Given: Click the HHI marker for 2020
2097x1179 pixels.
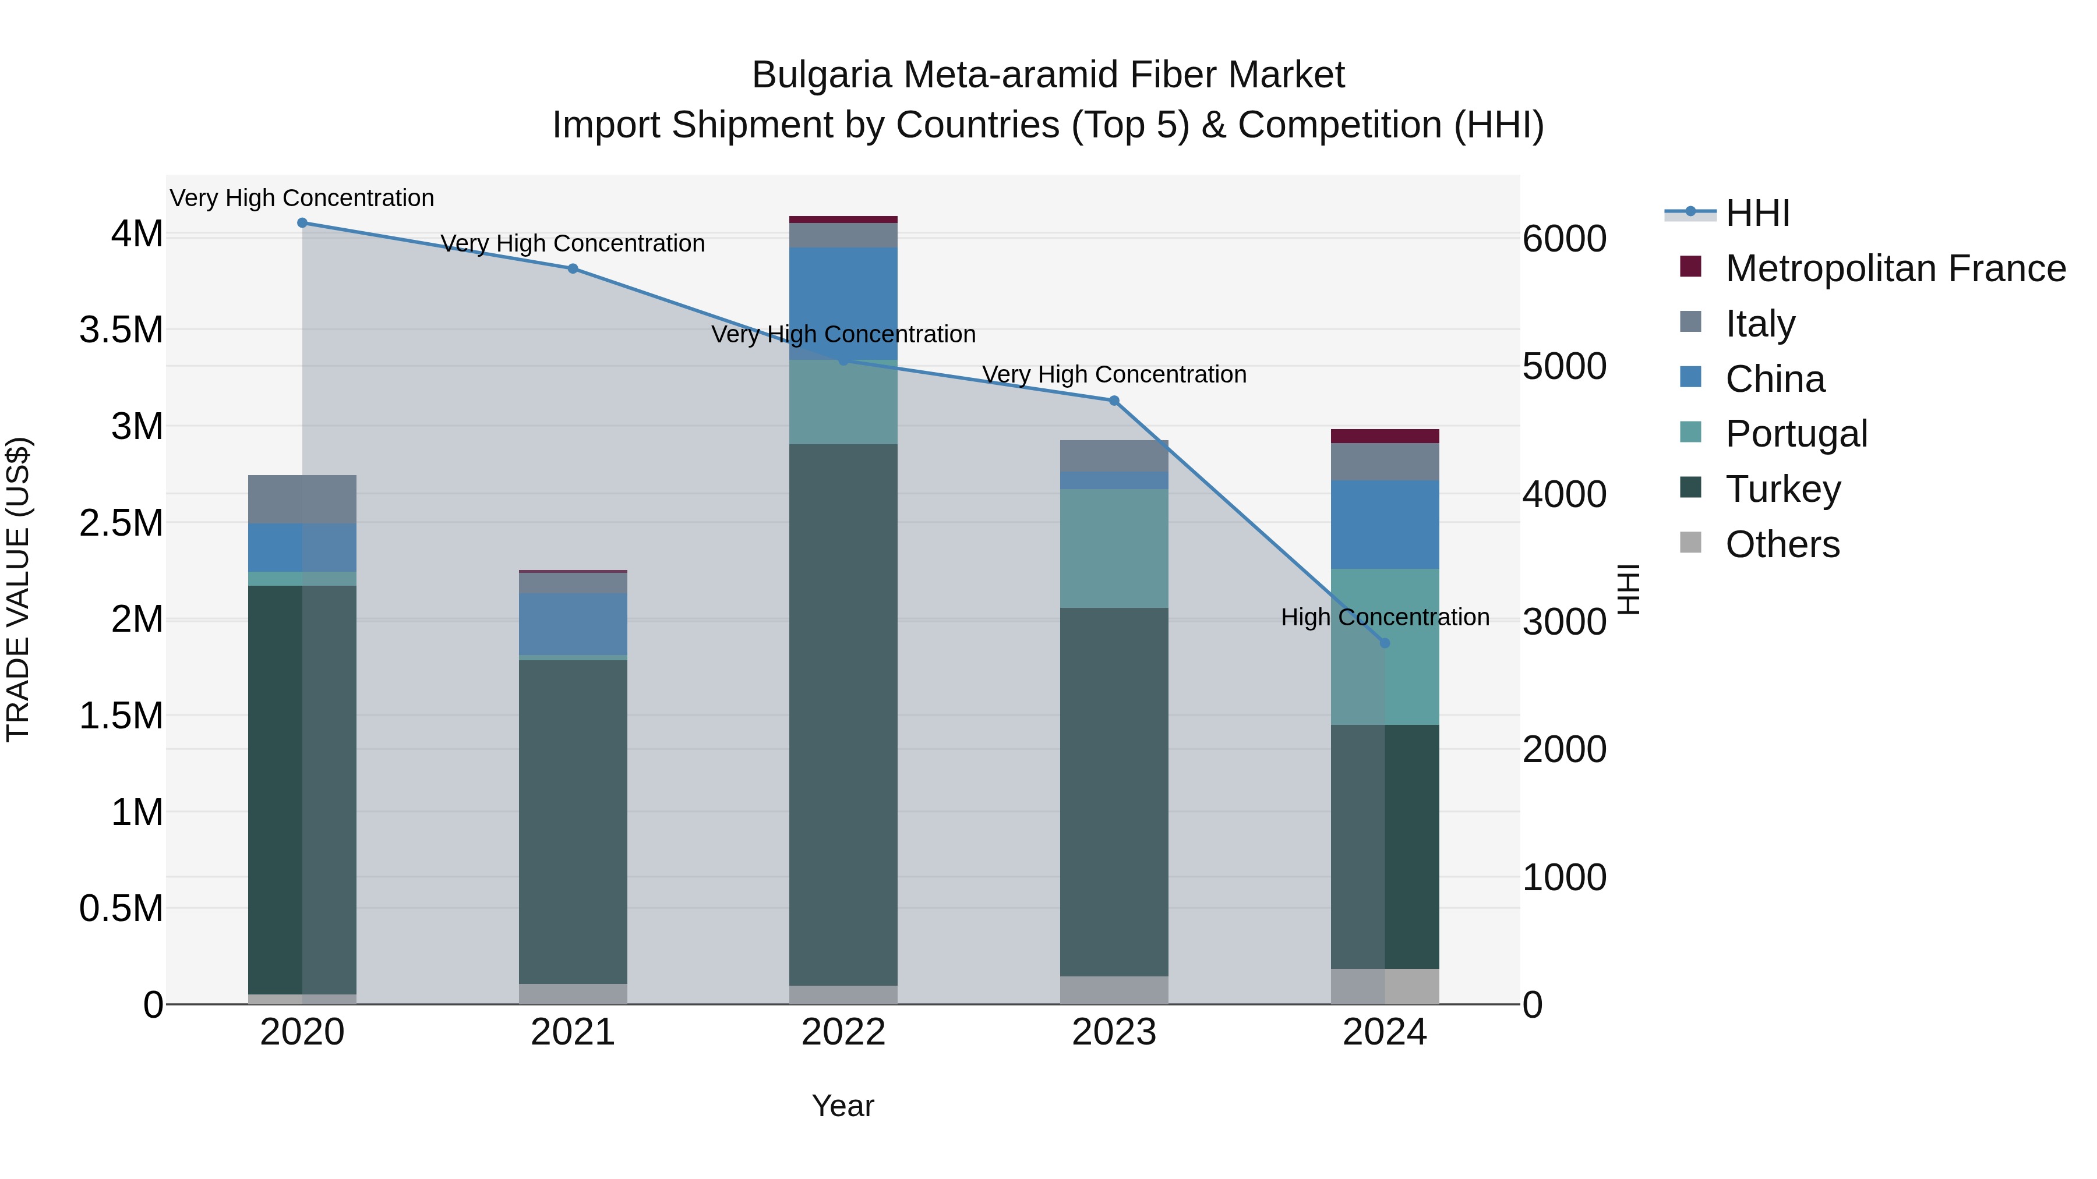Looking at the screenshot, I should [302, 223].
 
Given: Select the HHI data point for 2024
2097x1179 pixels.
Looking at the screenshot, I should [1385, 643].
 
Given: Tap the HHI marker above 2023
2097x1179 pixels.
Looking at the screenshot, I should [1114, 401].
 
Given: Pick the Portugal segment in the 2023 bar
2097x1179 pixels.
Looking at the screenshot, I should [1114, 548].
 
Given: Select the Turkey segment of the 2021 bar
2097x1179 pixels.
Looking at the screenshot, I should [573, 822].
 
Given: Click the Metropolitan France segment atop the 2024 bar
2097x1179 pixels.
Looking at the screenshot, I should [1385, 436].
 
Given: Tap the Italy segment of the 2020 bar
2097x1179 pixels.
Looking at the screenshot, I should [302, 499].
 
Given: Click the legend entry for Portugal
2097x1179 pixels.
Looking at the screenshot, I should [1796, 434].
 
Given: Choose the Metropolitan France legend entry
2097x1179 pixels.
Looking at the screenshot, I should [1895, 268].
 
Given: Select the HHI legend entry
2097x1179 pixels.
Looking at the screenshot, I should [1757, 213].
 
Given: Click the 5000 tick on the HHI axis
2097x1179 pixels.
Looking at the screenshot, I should [1564, 366].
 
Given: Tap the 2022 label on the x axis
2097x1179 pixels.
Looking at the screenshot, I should [843, 1032].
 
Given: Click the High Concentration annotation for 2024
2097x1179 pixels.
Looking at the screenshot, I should [1385, 617].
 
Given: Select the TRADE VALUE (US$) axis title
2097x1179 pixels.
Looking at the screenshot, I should [18, 589].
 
